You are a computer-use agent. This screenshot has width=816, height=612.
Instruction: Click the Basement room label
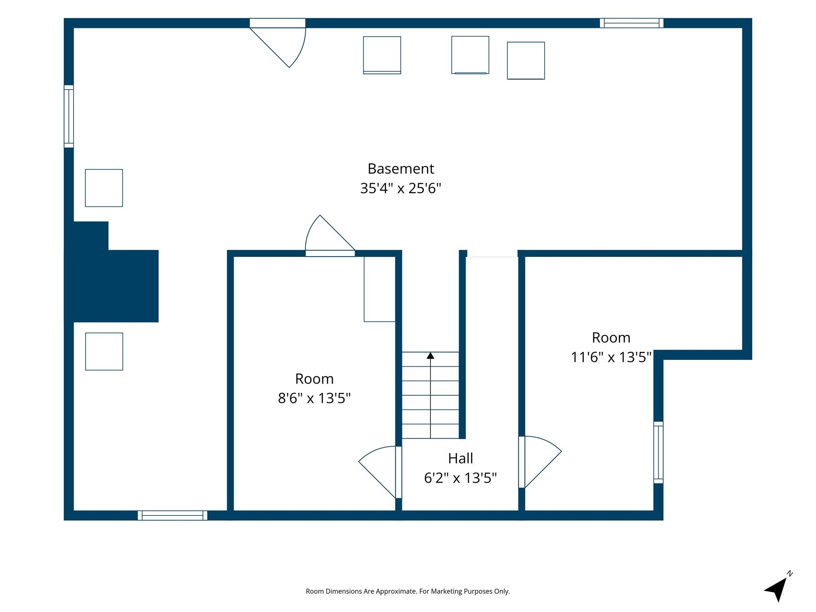[x=400, y=169]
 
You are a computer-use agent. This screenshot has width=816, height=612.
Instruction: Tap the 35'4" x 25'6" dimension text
[x=400, y=188]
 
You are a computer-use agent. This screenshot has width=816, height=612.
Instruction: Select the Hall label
[x=460, y=458]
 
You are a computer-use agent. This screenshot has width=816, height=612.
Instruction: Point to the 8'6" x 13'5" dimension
[x=314, y=398]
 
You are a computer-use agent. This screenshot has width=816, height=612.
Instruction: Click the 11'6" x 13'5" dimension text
[x=611, y=357]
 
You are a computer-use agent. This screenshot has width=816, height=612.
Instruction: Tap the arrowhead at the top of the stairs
[x=430, y=355]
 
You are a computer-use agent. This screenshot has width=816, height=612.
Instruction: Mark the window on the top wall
[x=632, y=23]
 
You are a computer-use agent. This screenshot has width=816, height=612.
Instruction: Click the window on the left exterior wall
[x=69, y=116]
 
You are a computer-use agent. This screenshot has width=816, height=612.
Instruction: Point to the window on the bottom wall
[x=173, y=515]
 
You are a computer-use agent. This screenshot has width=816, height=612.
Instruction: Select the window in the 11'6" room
[x=658, y=453]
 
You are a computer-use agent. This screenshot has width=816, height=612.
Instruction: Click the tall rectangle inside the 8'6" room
[x=380, y=289]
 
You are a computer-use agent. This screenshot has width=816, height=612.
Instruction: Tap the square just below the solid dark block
[x=104, y=351]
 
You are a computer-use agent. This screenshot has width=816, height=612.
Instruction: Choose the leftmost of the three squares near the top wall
[x=382, y=55]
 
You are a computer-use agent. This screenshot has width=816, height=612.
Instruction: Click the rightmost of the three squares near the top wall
[x=526, y=61]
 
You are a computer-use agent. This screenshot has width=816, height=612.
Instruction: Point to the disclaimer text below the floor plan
[x=408, y=591]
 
